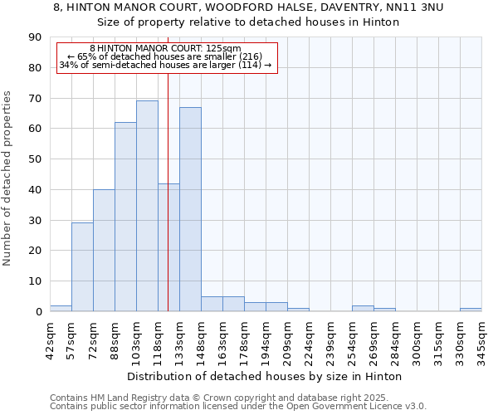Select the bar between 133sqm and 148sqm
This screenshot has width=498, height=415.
(190, 209)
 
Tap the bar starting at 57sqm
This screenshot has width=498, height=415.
(82, 266)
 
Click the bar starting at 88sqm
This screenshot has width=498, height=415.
(125, 217)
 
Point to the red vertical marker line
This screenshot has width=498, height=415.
(168, 166)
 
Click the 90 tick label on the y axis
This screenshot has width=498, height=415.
(35, 37)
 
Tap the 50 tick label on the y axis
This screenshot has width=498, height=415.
(35, 159)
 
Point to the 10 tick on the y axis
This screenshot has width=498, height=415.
(35, 281)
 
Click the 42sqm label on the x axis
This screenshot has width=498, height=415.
(50, 341)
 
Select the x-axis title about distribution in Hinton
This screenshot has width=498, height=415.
(265, 376)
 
